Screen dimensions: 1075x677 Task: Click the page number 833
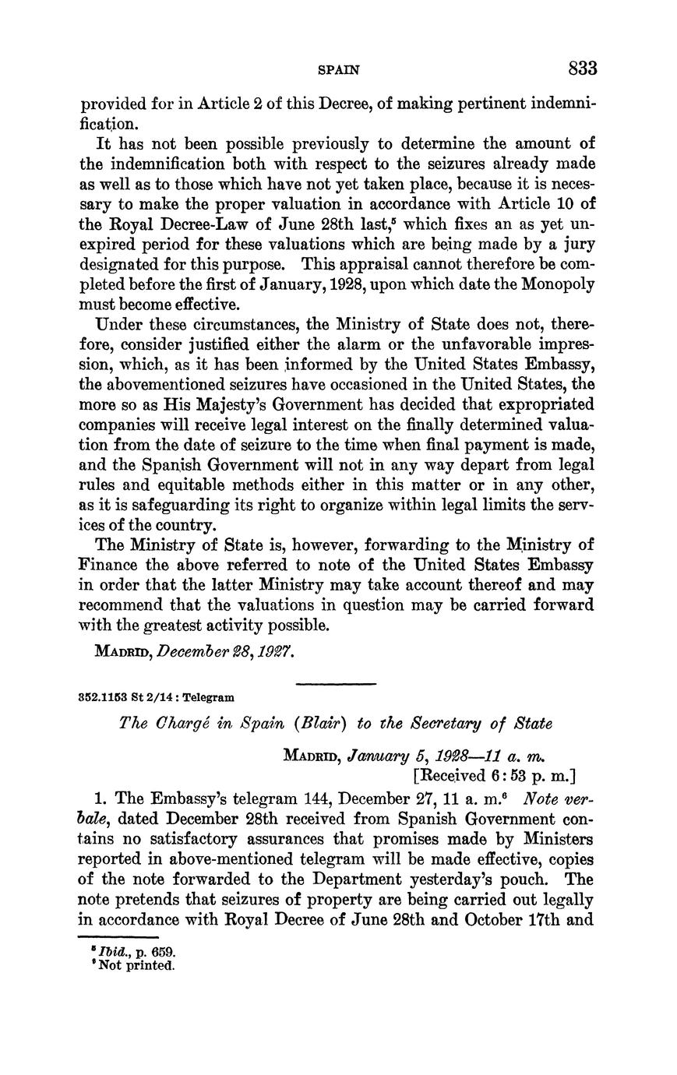pyautogui.click(x=582, y=69)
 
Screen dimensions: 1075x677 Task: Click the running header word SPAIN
pyautogui.click(x=340, y=70)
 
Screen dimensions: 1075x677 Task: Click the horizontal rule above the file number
pyautogui.click(x=337, y=683)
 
